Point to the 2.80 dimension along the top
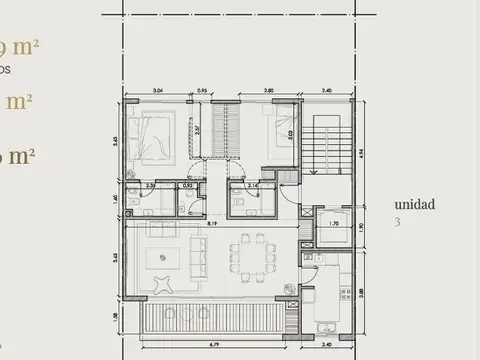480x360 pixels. click(269, 90)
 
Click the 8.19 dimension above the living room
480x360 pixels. click(214, 224)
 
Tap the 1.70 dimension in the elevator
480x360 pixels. click(333, 238)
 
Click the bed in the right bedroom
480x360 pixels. click(261, 139)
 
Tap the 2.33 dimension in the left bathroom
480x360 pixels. click(149, 186)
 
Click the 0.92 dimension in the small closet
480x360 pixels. click(187, 186)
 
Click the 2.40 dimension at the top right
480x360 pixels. click(325, 90)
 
